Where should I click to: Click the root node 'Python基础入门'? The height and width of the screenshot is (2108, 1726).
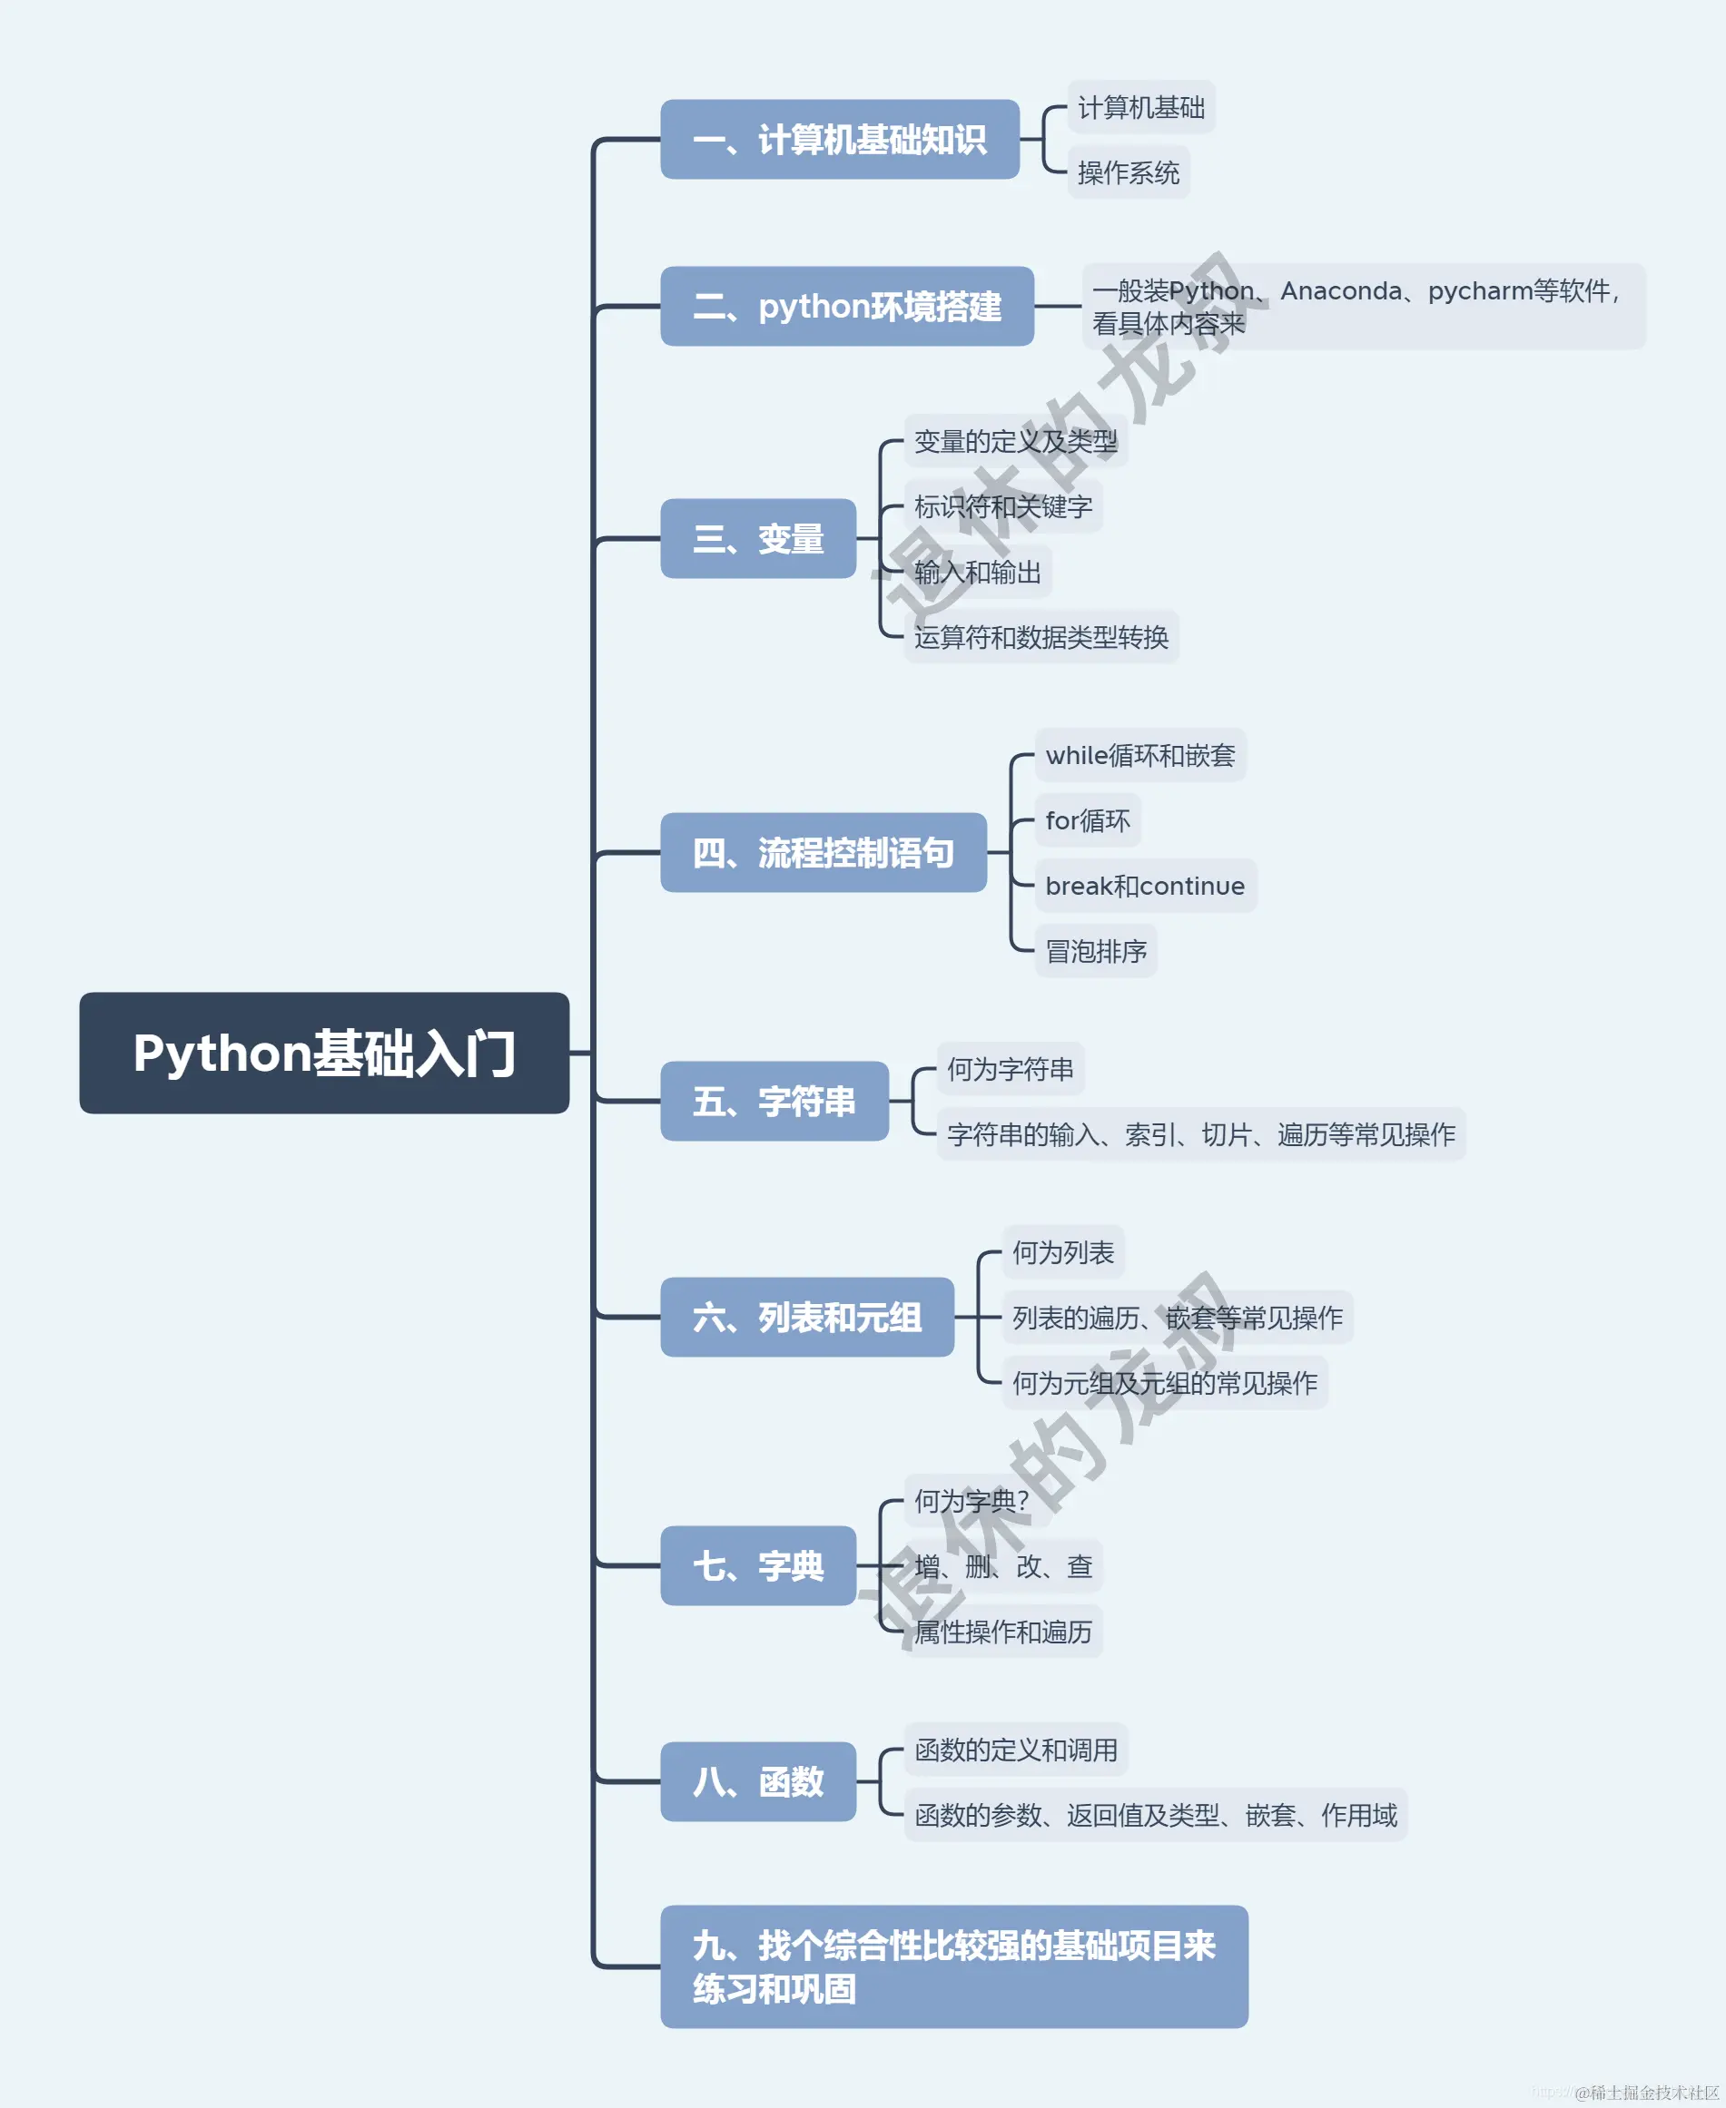coord(324,1053)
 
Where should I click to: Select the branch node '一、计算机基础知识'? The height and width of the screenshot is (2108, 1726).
coord(839,139)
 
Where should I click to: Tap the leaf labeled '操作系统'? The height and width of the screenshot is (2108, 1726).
coord(1128,173)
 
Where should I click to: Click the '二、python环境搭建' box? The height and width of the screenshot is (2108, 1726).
coord(846,306)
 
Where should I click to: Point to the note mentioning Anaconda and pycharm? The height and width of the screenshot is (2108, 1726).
coord(1362,306)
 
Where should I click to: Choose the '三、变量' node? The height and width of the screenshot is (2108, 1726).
coord(757,539)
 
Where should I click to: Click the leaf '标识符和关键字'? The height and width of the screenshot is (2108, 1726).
coord(1002,507)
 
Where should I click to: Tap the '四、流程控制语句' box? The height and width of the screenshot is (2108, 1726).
coord(824,853)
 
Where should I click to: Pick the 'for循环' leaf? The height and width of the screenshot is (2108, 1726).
coord(1087,821)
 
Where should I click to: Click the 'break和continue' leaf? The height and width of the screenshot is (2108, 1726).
coord(1144,886)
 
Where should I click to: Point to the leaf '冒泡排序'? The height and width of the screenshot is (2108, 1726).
coord(1095,951)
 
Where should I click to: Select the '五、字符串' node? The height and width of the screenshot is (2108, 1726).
coord(774,1102)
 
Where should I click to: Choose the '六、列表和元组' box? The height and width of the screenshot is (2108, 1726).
coord(806,1317)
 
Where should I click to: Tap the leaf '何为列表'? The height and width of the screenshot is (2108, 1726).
coord(1062,1252)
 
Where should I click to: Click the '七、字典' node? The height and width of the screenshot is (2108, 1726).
coord(757,1565)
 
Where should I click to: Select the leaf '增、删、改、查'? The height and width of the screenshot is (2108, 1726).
coord(1002,1566)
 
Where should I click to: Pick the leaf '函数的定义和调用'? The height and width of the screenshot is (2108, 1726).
coord(1015,1750)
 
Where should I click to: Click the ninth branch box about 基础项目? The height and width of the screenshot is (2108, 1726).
coord(953,1966)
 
